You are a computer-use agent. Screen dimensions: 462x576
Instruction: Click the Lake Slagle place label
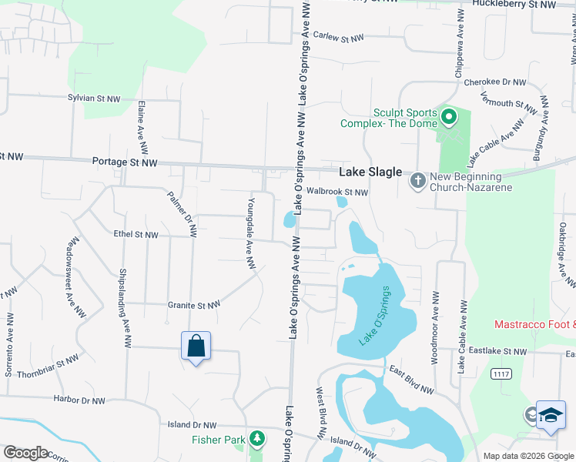pyautogui.click(x=370, y=172)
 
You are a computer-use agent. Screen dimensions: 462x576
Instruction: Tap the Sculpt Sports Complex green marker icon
pyautogui.click(x=449, y=118)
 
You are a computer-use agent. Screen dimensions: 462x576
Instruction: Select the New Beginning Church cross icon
pyautogui.click(x=417, y=181)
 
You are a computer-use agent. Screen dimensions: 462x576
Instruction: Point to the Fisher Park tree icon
pyautogui.click(x=257, y=440)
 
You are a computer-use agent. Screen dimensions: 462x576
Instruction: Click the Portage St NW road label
pyautogui.click(x=125, y=162)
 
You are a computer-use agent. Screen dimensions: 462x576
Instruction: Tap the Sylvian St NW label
pyautogui.click(x=94, y=99)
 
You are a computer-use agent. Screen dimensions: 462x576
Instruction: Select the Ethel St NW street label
pyautogui.click(x=136, y=234)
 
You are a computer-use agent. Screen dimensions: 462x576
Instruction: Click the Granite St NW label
pyautogui.click(x=194, y=305)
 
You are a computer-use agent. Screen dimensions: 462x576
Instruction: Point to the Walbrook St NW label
pyautogui.click(x=337, y=192)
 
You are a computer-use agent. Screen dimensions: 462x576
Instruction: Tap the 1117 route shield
pyautogui.click(x=503, y=374)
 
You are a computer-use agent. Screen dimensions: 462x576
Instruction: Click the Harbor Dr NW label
pyautogui.click(x=79, y=400)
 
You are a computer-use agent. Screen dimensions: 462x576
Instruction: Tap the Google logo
pyautogui.click(x=25, y=452)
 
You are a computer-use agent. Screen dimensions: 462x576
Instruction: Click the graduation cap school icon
pyautogui.click(x=551, y=415)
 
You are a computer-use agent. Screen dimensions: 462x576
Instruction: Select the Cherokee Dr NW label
pyautogui.click(x=499, y=82)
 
